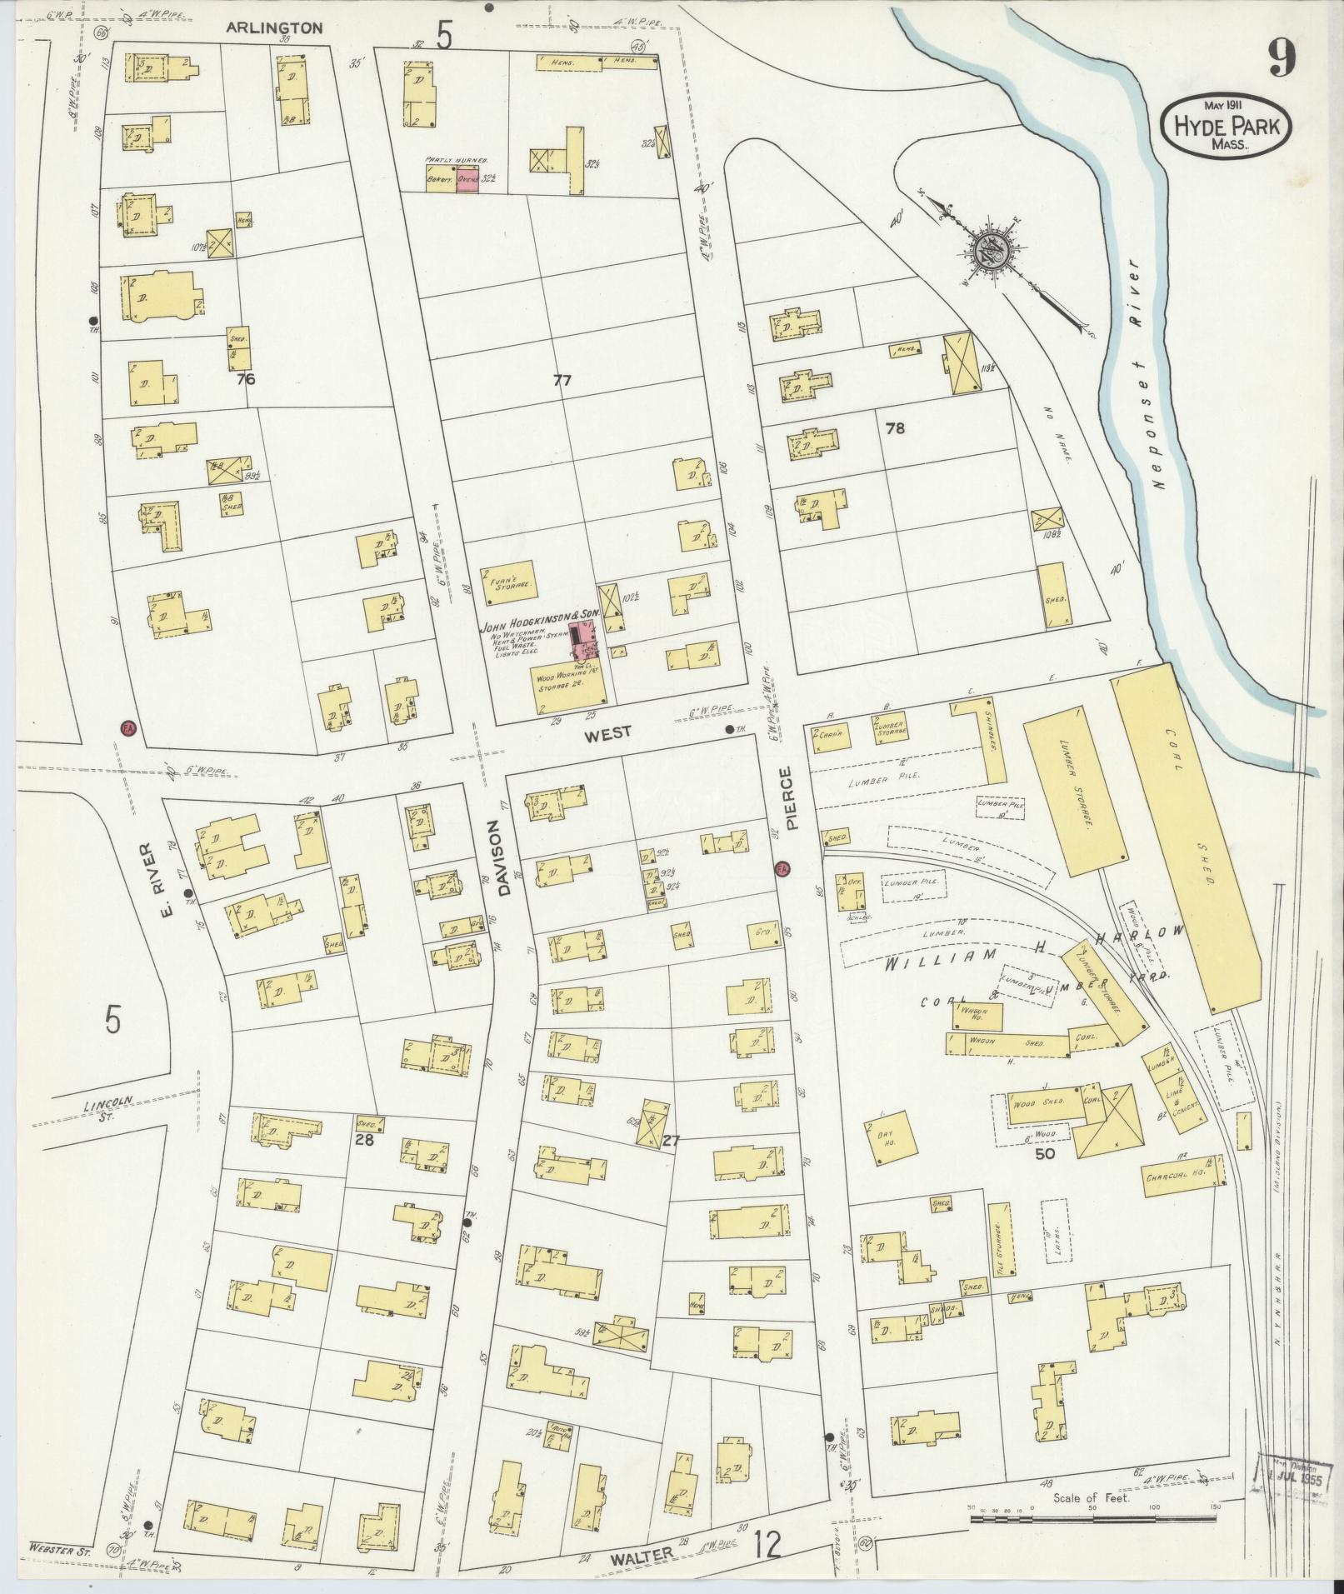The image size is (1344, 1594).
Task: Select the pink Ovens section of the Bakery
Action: [x=467, y=179]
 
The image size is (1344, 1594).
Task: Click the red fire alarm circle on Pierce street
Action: [x=782, y=869]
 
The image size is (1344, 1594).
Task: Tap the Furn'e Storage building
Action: [x=507, y=582]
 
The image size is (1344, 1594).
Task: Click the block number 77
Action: [x=562, y=380]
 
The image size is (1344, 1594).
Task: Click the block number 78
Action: [x=895, y=428]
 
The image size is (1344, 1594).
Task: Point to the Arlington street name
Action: [x=263, y=27]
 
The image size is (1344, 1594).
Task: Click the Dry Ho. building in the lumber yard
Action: [x=887, y=1137]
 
